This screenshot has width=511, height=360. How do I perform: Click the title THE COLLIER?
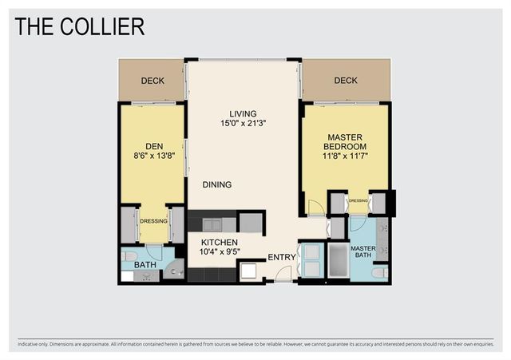coord(80,26)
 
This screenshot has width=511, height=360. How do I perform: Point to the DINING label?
coord(216,184)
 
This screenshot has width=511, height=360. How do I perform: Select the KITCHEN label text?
coord(220,242)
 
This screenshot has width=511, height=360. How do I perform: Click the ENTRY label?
coord(281,257)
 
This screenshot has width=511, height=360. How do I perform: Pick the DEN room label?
coord(153,146)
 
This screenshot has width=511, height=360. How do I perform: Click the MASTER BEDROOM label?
coord(344,141)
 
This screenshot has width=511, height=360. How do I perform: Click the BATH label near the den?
coord(145,264)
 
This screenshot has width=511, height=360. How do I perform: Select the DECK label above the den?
coord(153,81)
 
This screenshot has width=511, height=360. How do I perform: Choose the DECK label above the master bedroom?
coord(346,81)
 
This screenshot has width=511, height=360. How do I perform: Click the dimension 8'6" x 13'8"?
coord(153,156)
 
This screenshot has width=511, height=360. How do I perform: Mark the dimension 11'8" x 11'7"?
coord(344,158)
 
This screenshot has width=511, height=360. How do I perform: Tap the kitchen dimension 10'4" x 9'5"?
coord(220,252)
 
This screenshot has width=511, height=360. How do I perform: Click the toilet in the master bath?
coord(380,272)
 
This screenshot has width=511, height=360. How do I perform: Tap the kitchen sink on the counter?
coord(213,224)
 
